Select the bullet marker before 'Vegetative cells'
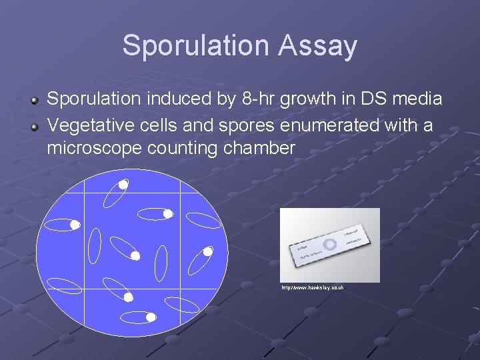tap(33, 125)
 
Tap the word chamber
tap(259, 148)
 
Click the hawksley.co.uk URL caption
tap(312, 287)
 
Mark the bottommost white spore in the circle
tap(151, 317)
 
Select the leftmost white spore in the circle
tap(75, 225)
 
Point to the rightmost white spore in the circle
tap(208, 251)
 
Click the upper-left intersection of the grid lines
tap(85, 192)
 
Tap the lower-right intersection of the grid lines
tap(181, 288)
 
